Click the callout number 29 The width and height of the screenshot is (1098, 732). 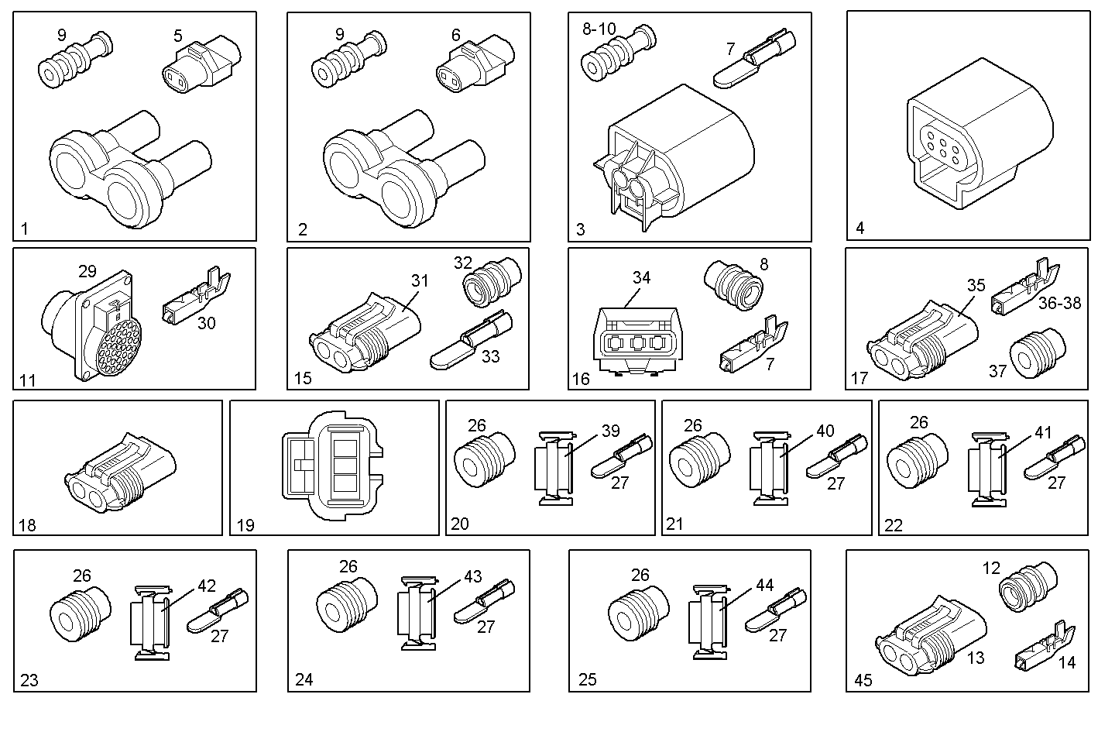point(87,271)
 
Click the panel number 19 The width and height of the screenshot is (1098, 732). point(245,525)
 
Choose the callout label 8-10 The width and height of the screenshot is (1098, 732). point(599,29)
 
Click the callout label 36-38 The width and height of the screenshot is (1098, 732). point(1060,303)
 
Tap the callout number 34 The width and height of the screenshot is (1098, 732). point(641,277)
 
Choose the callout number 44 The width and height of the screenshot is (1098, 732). point(764,586)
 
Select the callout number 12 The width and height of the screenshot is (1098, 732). point(992,568)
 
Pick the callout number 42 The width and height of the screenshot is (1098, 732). point(207,586)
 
